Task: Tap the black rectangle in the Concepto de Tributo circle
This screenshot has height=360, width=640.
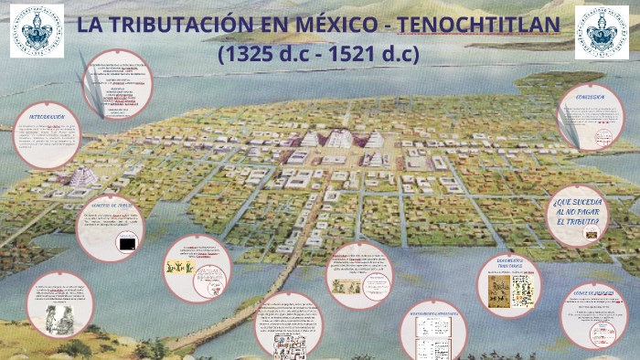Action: point(129,244)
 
